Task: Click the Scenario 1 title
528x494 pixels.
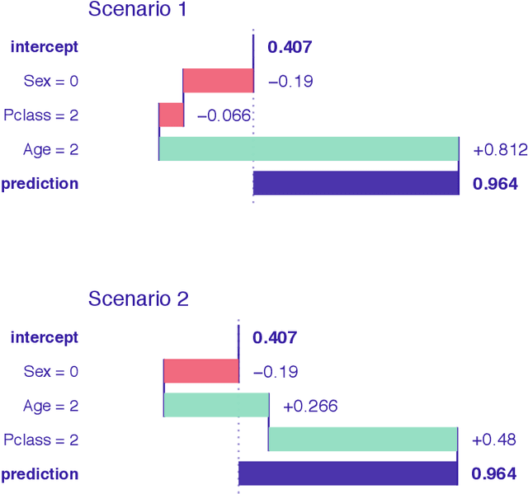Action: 139,11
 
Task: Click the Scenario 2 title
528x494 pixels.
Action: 139,299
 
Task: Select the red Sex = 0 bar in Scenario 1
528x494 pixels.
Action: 218,81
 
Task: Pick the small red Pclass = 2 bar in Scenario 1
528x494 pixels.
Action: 172,115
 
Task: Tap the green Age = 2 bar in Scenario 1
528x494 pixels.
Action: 309,148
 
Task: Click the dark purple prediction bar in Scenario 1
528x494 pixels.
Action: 356,183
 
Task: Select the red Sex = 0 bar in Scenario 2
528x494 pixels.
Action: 201,371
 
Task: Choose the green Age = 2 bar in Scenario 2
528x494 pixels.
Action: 217,405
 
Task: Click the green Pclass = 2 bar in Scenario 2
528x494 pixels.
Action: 363,440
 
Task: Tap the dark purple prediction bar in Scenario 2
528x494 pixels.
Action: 348,473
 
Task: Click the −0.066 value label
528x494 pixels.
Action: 224,115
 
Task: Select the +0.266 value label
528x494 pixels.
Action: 310,406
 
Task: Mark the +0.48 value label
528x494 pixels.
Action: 493,440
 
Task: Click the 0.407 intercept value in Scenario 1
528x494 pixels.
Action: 290,47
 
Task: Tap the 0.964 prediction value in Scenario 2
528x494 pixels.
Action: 494,474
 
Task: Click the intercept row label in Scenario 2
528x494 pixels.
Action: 45,337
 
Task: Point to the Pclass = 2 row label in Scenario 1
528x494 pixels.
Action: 41,115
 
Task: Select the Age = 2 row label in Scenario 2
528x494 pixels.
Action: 51,406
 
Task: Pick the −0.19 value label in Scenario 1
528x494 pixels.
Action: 290,82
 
